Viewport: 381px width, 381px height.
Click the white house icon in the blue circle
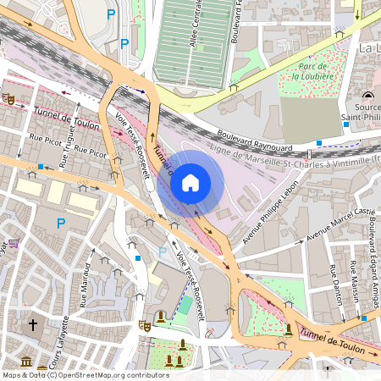click(190, 182)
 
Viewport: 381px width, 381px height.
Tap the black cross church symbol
click(33, 324)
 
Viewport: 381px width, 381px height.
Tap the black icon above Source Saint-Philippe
click(367, 94)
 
